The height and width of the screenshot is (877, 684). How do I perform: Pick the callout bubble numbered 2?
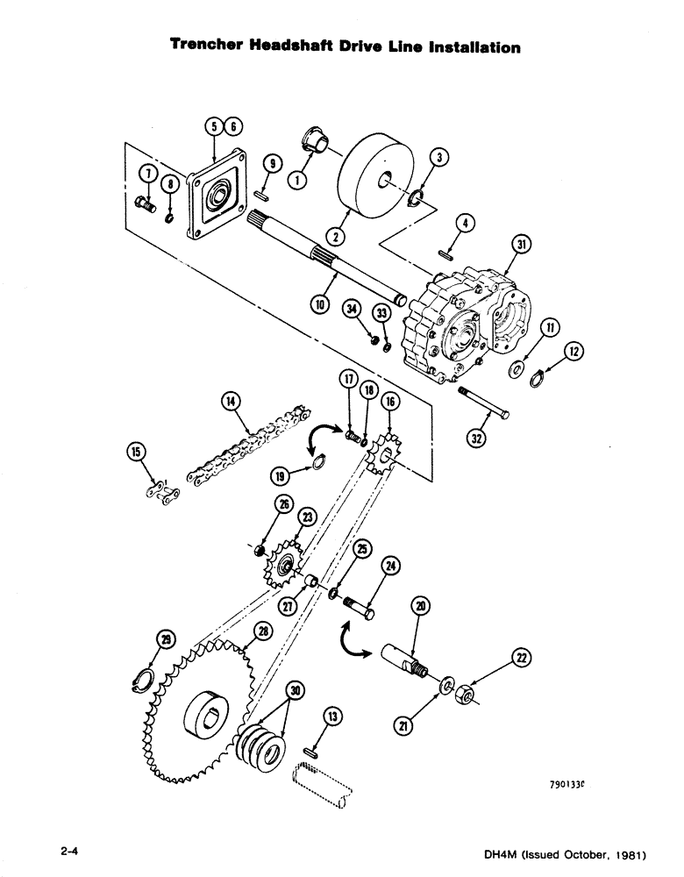pyautogui.click(x=337, y=235)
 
